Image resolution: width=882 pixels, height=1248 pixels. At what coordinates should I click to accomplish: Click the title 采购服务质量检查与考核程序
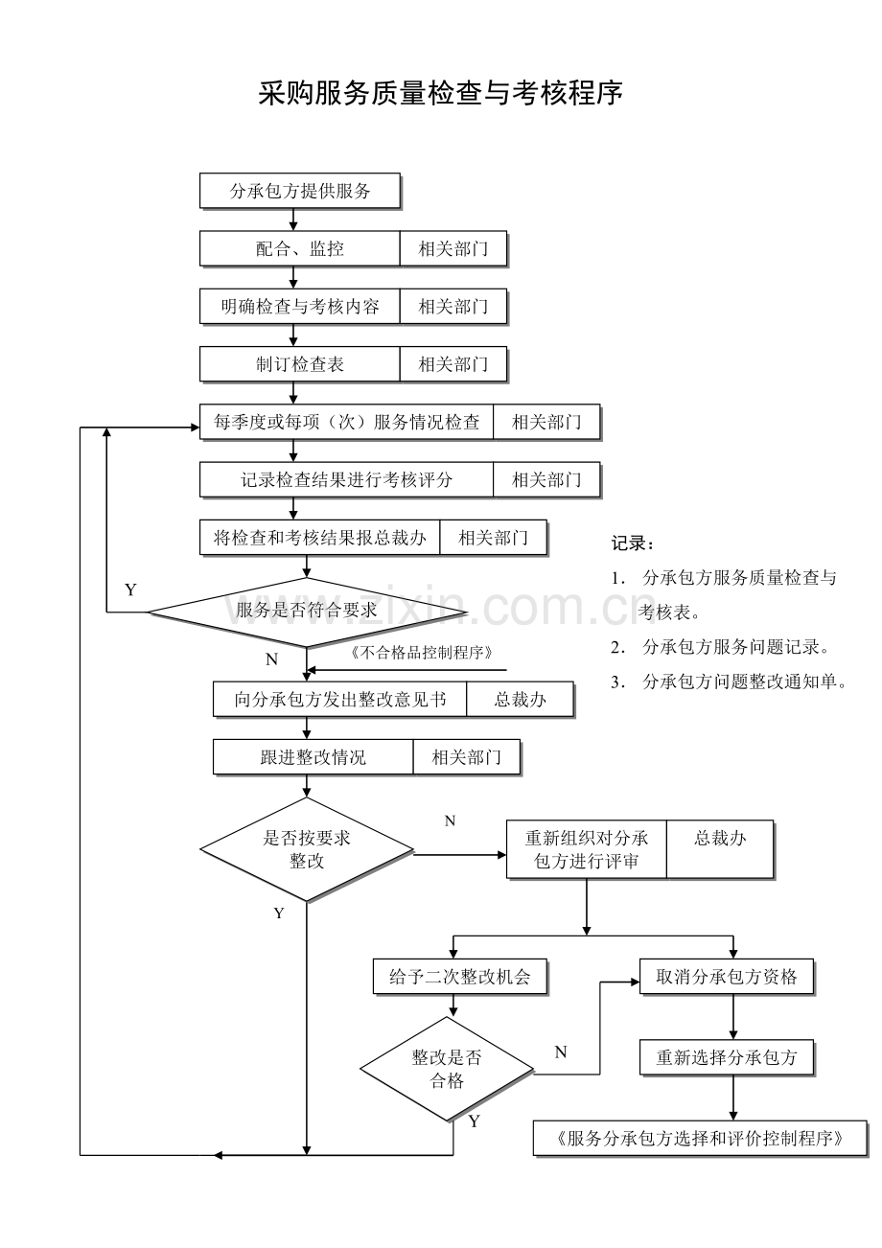pos(440,94)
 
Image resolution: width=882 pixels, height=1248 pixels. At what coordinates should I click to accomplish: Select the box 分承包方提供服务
pos(299,191)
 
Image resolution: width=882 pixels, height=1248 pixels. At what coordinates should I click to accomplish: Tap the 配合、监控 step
pos(299,249)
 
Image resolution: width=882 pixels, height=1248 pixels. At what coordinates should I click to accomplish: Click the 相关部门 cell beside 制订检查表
pos(453,364)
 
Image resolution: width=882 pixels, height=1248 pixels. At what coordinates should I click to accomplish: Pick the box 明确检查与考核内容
pos(299,307)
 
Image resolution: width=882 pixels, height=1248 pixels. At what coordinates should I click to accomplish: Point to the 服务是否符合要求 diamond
pos(307,611)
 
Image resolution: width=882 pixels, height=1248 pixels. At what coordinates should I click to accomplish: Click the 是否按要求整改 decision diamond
pos(307,849)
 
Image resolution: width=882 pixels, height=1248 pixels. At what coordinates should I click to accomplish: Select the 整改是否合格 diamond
pos(447,1069)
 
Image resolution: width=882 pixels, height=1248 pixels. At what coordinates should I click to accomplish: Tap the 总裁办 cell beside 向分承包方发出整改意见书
pos(520,700)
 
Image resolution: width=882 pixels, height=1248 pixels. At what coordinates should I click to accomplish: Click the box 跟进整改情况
pos(313,757)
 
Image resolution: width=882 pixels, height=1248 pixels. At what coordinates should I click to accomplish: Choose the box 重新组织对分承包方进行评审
pos(586,849)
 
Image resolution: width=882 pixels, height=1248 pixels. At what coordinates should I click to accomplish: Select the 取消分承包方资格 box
pos(726,978)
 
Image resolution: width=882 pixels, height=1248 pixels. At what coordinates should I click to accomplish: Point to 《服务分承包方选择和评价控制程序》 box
pos(700,1139)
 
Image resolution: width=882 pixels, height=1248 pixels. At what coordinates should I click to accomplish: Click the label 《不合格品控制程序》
pos(423,653)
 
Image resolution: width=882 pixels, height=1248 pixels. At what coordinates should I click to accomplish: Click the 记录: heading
pos(634,543)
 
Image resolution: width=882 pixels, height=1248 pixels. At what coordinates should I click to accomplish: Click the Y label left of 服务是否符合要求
pos(130,590)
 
